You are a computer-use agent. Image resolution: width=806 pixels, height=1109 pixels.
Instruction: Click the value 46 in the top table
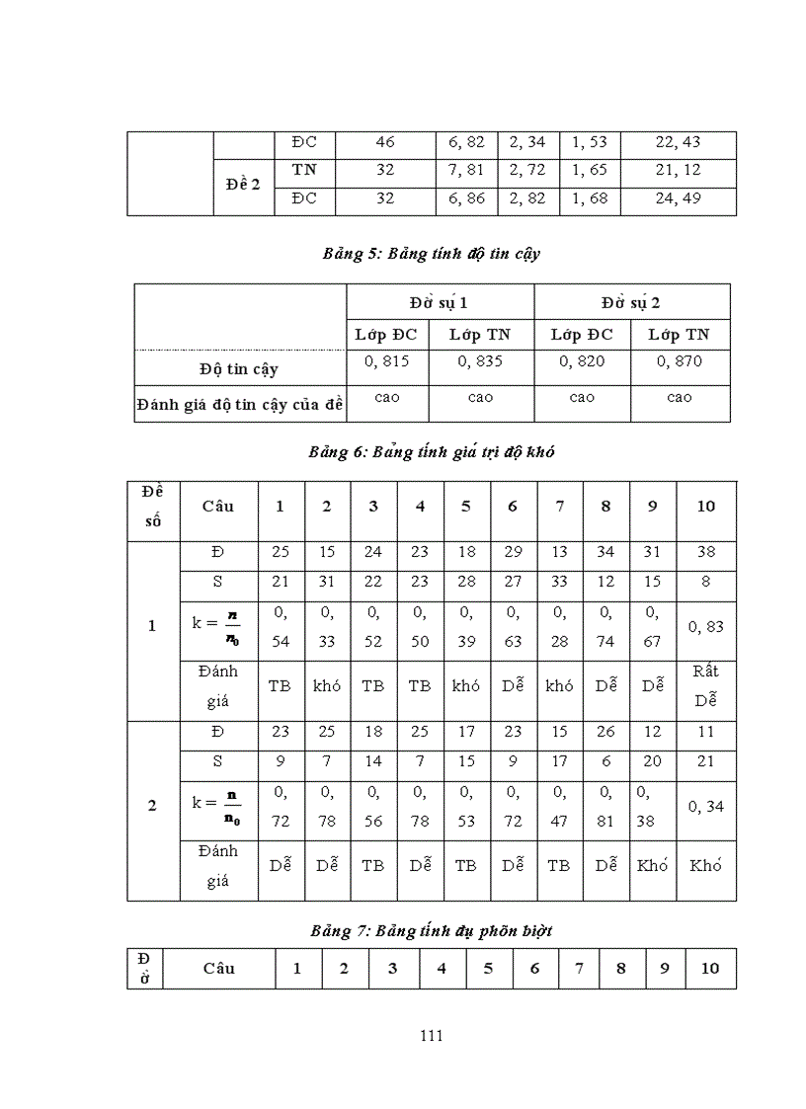click(x=385, y=142)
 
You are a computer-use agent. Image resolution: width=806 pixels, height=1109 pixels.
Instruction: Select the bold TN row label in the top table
click(x=304, y=170)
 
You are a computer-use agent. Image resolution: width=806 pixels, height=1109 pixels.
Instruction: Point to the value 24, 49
click(x=678, y=198)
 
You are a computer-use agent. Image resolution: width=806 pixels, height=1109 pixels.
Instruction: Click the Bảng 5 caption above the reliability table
click(x=431, y=254)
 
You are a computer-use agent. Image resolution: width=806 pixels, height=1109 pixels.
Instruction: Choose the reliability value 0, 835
click(x=480, y=361)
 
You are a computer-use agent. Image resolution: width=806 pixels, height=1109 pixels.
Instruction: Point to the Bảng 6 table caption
click(x=431, y=452)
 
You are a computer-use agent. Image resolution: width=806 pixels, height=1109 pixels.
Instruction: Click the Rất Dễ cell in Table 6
click(x=705, y=685)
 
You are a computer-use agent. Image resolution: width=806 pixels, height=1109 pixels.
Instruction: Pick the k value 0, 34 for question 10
click(x=705, y=806)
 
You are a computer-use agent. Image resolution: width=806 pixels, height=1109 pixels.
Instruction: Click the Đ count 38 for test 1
click(x=705, y=553)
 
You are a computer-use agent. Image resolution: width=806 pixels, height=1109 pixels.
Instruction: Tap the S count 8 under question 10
click(x=705, y=583)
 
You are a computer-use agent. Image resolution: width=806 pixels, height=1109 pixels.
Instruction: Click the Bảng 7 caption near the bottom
click(x=431, y=930)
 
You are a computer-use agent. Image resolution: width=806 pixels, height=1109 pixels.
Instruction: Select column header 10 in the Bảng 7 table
click(x=709, y=968)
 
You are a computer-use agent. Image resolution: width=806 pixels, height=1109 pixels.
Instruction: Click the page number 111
click(x=431, y=1036)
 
